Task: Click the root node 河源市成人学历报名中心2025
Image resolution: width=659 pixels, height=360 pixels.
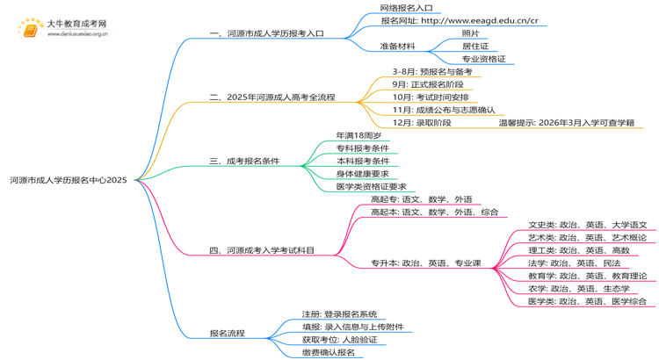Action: point(69,180)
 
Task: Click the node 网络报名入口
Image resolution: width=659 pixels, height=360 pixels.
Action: point(406,8)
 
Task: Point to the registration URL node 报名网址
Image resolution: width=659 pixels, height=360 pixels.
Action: point(459,20)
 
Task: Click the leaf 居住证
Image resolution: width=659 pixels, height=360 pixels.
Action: point(475,46)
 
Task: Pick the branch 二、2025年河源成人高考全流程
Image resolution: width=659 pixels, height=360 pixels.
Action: point(272,97)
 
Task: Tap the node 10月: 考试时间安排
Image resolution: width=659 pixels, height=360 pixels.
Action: point(431,97)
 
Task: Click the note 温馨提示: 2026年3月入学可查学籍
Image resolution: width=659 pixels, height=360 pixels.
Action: point(566,123)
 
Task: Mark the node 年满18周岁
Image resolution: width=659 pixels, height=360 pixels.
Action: point(358,136)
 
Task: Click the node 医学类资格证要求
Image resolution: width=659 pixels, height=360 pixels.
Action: point(371,187)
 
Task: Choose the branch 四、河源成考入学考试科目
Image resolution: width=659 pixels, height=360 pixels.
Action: point(261,250)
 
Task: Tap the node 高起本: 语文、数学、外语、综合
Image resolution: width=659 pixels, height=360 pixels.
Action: point(434,212)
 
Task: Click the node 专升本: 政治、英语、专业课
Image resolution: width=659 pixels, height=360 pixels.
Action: point(425,263)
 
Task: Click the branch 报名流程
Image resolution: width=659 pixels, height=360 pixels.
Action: point(227,334)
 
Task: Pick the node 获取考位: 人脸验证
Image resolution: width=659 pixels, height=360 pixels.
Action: point(339,340)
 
